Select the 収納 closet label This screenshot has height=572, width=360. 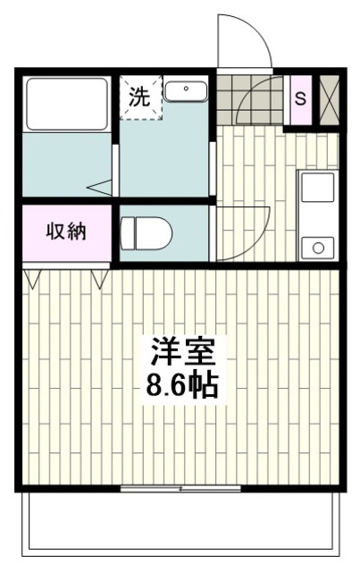pyautogui.click(x=65, y=232)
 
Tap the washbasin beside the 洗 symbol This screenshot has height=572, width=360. pyautogui.click(x=185, y=91)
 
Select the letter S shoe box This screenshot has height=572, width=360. pyautogui.click(x=301, y=97)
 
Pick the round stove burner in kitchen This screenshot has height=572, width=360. pyautogui.click(x=315, y=246)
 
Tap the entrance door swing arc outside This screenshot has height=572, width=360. pyautogui.click(x=243, y=40)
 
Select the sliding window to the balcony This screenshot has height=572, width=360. pyautogui.click(x=180, y=488)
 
